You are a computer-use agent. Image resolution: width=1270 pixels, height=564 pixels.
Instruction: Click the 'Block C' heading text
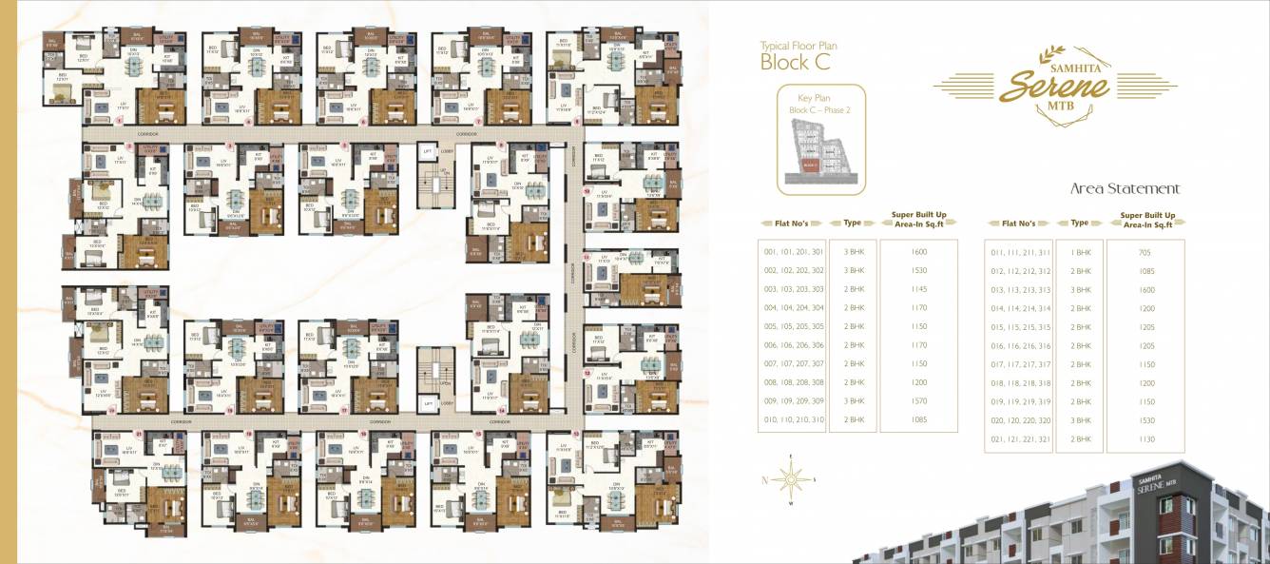tap(795, 63)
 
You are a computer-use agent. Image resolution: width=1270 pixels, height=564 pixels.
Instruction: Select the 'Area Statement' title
tap(1125, 188)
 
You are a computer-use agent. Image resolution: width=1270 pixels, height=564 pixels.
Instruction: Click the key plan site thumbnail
tap(820, 154)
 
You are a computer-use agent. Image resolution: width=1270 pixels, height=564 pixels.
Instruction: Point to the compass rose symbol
tap(790, 481)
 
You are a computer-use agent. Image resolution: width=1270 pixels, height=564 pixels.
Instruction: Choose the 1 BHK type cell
tap(1080, 253)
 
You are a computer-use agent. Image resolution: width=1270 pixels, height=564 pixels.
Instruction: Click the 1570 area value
tap(918, 401)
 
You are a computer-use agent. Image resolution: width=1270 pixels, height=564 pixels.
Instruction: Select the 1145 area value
tap(918, 290)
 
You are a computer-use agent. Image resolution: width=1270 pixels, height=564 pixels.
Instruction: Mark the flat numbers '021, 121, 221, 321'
tap(1020, 438)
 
